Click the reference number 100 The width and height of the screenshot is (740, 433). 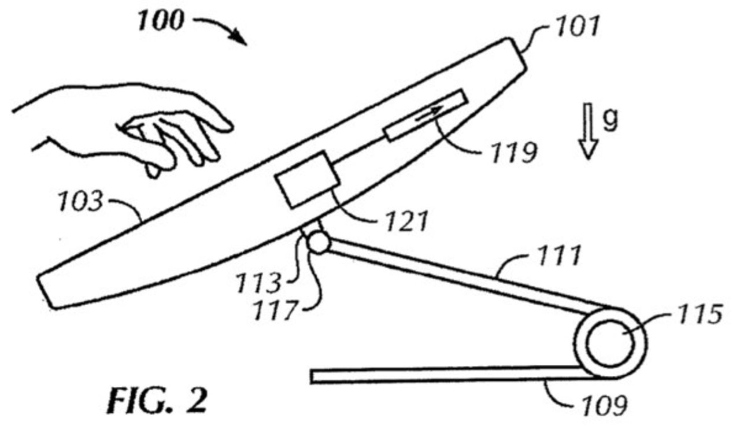click(x=160, y=21)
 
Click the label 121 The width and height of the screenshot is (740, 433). click(x=404, y=220)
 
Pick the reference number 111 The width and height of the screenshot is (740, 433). click(x=553, y=255)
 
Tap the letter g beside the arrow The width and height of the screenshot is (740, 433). click(x=610, y=119)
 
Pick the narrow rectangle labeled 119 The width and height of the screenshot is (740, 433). click(x=425, y=115)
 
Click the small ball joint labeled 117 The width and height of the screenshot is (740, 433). click(x=317, y=242)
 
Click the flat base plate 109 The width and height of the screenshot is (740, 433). click(x=445, y=376)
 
